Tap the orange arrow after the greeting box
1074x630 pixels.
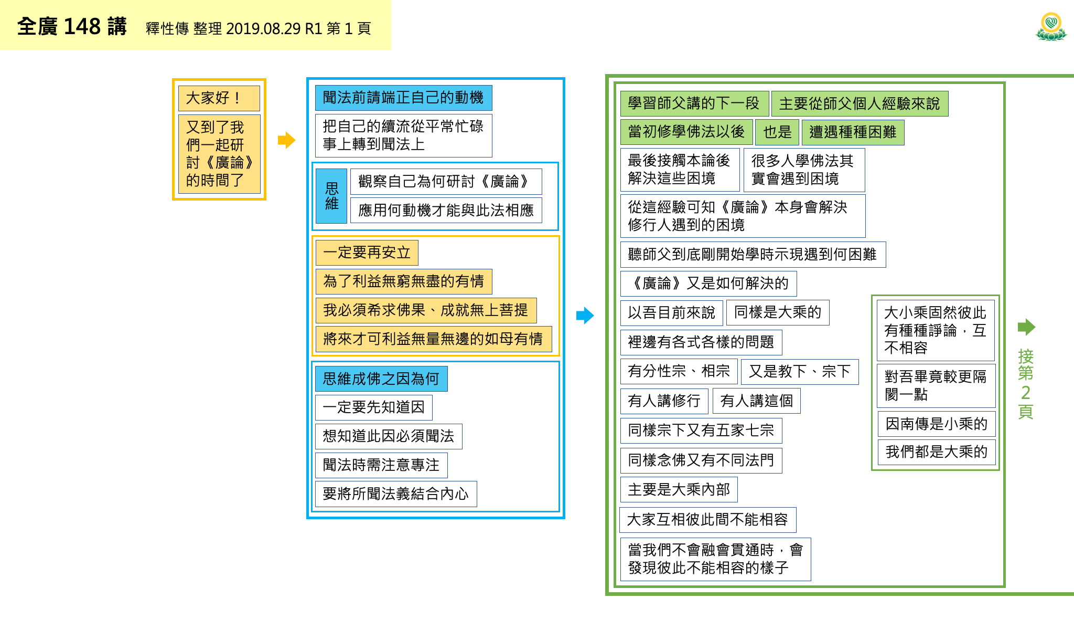click(286, 140)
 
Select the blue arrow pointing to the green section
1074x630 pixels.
click(585, 316)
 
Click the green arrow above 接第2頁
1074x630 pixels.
click(1026, 327)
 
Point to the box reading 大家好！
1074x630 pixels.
click(219, 98)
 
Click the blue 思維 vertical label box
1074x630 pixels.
click(331, 196)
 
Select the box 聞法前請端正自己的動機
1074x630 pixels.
click(403, 98)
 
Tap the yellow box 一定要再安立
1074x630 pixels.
click(367, 253)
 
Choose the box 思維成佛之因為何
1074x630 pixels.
click(381, 379)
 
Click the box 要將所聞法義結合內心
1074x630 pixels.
click(396, 494)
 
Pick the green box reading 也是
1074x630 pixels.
click(777, 132)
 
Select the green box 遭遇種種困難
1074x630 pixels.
click(853, 132)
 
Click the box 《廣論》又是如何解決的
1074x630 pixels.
click(708, 283)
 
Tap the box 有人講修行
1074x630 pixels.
click(664, 401)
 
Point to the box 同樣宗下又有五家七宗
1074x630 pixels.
click(701, 430)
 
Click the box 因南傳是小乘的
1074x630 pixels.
click(937, 424)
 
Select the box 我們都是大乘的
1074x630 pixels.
click(937, 451)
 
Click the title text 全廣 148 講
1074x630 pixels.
click(72, 26)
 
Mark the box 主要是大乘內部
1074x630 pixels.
click(679, 490)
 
